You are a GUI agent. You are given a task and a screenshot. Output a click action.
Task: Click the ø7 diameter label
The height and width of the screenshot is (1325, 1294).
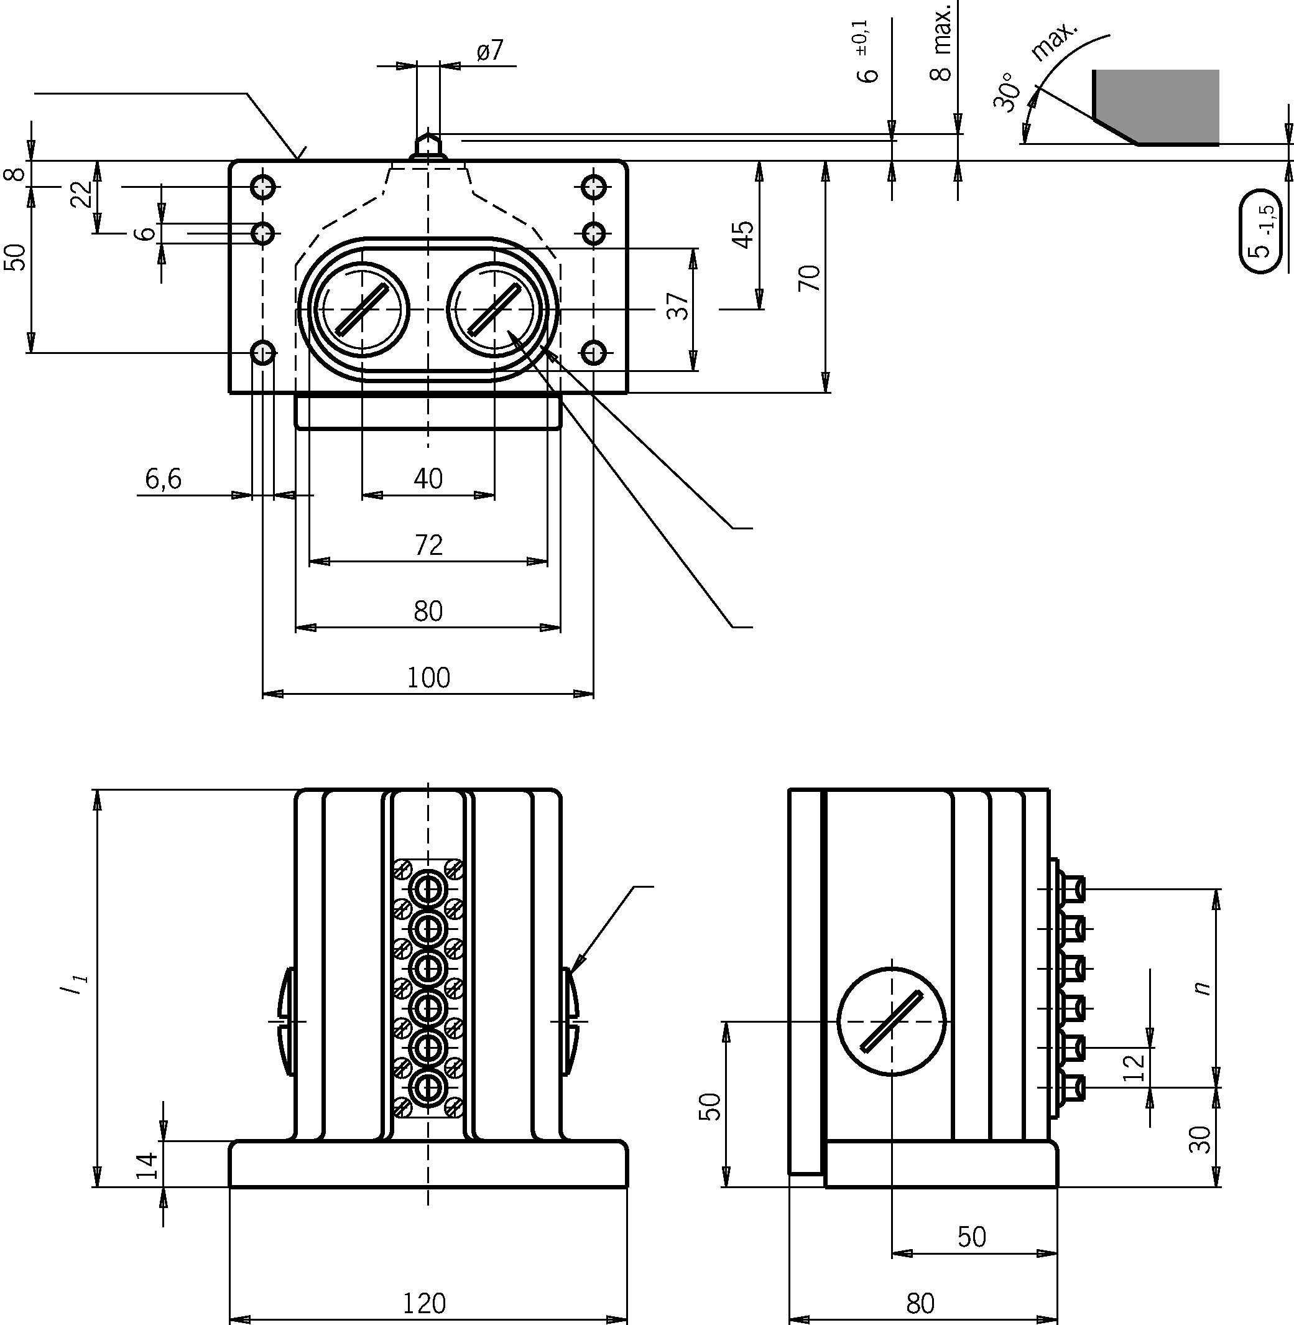tap(489, 51)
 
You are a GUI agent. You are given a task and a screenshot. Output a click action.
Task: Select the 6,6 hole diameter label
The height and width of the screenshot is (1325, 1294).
tap(163, 479)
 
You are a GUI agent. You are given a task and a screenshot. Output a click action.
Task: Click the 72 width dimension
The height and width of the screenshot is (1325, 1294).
tap(428, 545)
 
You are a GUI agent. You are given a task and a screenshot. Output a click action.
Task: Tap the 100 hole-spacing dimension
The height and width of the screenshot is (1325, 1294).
tap(428, 678)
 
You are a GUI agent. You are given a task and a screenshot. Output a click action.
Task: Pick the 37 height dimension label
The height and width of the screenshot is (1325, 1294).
tap(677, 307)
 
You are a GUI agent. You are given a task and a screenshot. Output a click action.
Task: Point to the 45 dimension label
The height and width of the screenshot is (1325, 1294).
tap(744, 235)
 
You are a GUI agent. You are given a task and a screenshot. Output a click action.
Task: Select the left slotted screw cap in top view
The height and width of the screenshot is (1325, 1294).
tap(361, 310)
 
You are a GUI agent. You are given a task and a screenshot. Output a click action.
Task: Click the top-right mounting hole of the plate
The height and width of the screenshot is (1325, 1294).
tap(594, 185)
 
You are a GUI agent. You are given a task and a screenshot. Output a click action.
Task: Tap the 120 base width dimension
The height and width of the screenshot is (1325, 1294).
tap(425, 1303)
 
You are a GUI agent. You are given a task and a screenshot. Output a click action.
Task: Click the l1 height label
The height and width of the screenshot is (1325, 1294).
tap(72, 987)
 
